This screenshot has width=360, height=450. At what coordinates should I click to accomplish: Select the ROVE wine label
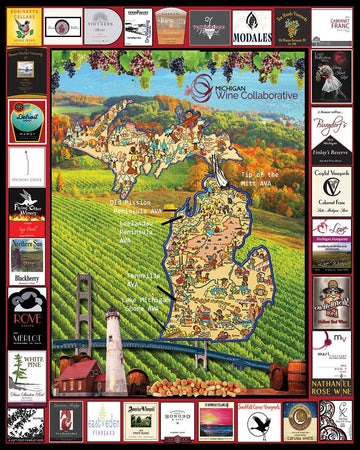25,308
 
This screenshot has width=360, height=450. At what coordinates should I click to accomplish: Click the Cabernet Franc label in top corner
330,25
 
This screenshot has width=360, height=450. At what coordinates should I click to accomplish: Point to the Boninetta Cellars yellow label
25,25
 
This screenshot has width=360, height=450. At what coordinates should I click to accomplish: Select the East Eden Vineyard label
103,421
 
